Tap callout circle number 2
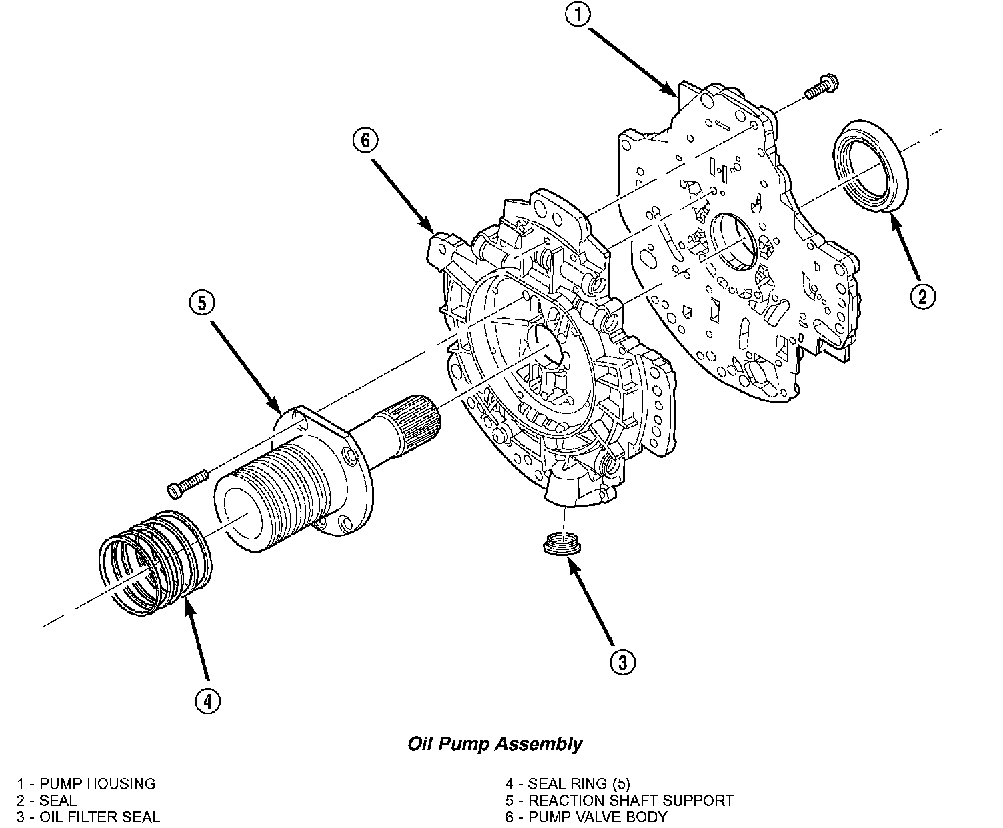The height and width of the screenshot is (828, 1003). click(922, 295)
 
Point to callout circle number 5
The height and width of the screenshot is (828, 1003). click(201, 303)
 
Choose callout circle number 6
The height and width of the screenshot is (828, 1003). click(366, 141)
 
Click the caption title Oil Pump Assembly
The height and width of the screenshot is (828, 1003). click(495, 744)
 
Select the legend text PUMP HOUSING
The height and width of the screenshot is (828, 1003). click(97, 783)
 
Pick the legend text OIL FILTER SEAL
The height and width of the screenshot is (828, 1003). click(99, 817)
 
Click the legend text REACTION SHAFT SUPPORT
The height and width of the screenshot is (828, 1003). click(631, 800)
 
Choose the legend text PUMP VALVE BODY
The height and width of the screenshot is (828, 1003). click(598, 817)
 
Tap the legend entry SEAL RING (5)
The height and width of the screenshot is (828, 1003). click(578, 783)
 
